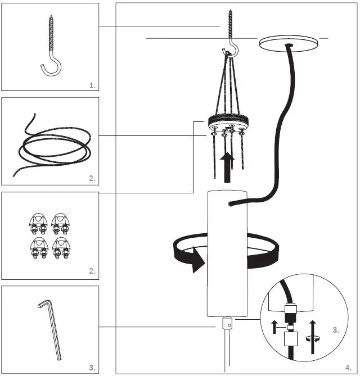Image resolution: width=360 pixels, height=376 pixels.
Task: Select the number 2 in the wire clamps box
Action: tap(92, 271)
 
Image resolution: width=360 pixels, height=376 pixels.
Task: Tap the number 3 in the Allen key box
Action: tap(92, 368)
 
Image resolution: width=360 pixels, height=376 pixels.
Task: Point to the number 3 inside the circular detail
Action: tap(336, 330)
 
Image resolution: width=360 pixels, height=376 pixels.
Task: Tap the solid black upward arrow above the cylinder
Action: tap(227, 167)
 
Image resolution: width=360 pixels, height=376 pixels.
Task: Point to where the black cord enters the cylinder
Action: tap(230, 206)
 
